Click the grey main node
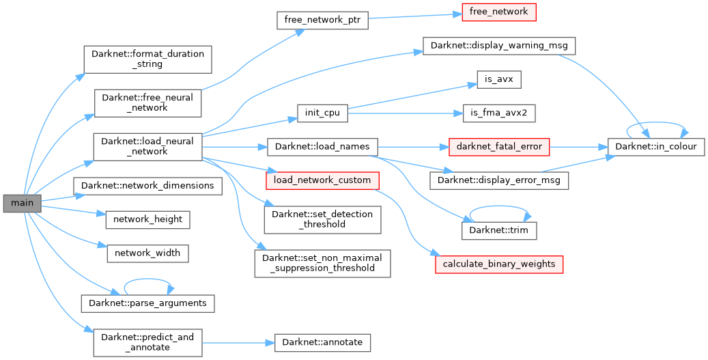[22, 204]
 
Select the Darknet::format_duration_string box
[147, 59]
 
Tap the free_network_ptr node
[322, 20]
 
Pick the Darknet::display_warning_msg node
[500, 45]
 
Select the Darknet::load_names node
[322, 146]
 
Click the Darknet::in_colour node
[656, 146]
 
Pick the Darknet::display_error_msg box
[498, 180]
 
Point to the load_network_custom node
[322, 180]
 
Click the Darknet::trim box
[499, 231]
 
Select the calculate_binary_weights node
[499, 264]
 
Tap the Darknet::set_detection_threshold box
[322, 219]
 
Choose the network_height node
[147, 219]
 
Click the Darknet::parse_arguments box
[147, 302]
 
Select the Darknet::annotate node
[322, 342]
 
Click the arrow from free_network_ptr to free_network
[416, 16]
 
